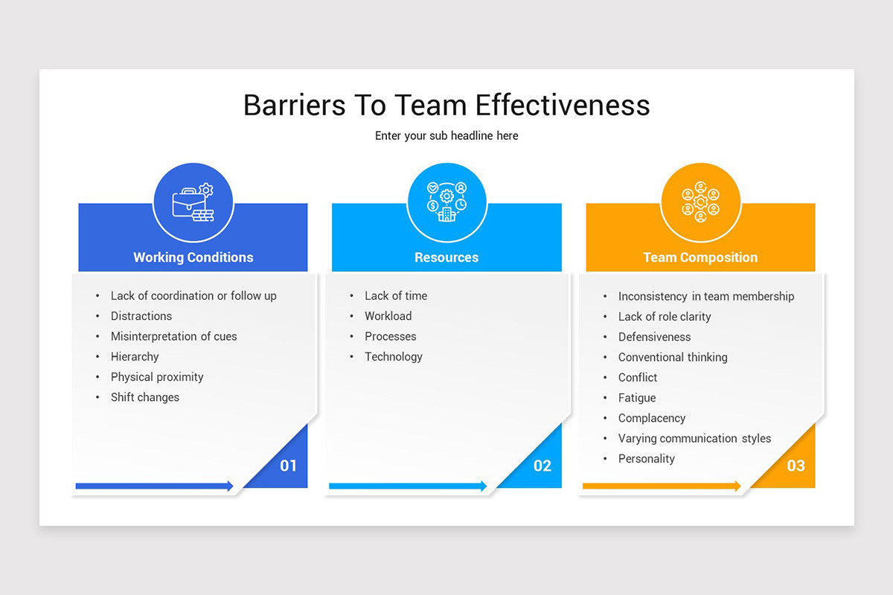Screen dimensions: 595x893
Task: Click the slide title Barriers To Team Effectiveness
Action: [x=446, y=105]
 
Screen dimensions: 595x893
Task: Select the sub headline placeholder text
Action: [x=446, y=136]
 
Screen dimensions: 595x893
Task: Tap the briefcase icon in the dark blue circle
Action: [x=193, y=202]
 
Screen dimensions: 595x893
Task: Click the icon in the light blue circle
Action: [x=446, y=202]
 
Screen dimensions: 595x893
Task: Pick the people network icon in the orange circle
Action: [x=700, y=202]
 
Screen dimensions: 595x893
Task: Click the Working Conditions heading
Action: [x=193, y=257]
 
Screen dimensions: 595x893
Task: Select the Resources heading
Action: [x=446, y=257]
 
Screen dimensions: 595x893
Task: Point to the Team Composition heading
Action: [x=700, y=257]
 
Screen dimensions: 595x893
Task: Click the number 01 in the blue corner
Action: [x=288, y=466]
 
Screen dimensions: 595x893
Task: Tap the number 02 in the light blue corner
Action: [x=542, y=466]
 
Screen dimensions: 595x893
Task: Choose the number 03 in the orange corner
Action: [x=796, y=466]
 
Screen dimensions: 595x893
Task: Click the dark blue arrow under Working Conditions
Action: [x=155, y=486]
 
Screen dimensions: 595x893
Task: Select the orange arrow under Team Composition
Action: [x=662, y=486]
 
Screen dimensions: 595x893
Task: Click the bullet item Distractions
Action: [x=141, y=316]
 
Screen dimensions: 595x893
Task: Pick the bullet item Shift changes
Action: [x=145, y=397]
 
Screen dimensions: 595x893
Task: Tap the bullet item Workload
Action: [x=388, y=316]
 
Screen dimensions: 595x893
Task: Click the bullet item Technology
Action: [x=394, y=357]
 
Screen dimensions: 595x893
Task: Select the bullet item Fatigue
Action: [x=637, y=398]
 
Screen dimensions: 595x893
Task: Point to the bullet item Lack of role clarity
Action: [x=665, y=317]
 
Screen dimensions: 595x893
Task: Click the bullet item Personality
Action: [x=646, y=459]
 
